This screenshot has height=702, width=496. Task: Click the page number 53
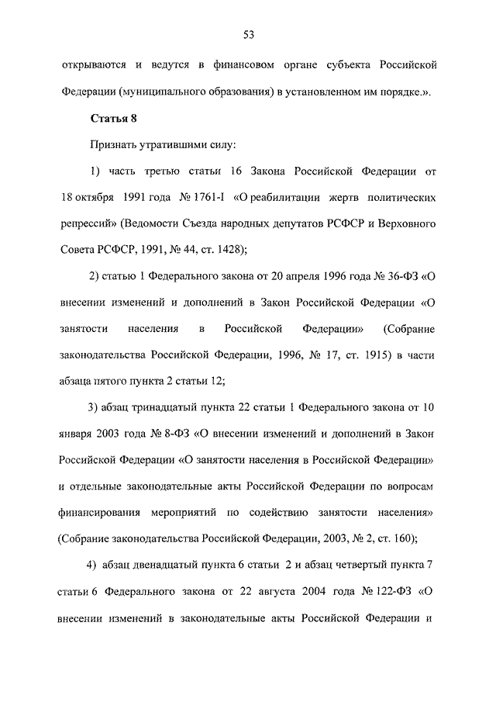tap(248, 33)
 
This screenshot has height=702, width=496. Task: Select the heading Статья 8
tap(114, 119)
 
